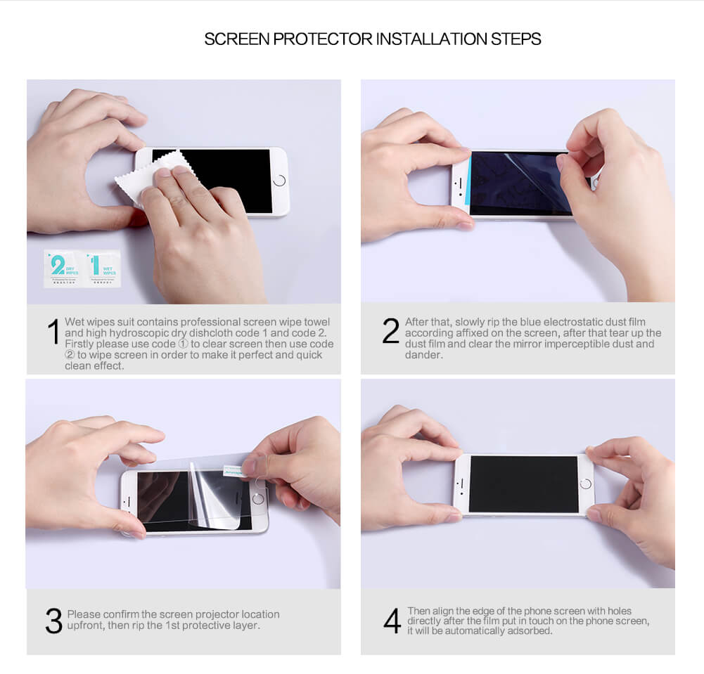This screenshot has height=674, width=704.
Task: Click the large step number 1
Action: coord(53,332)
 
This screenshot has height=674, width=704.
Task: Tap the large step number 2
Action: coord(391,331)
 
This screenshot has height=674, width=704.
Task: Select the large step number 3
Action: coord(53,621)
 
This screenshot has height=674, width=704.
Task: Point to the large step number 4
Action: coord(392,621)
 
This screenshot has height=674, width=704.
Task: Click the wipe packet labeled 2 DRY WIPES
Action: coord(63,268)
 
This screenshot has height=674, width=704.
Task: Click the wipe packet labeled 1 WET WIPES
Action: coord(102,268)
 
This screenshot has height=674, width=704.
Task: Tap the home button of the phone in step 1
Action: coord(279,181)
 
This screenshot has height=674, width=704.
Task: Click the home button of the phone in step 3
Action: coord(259,498)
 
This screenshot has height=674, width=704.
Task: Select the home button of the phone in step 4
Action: coord(585,484)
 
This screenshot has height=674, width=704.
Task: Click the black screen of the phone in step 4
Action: coord(523,484)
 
